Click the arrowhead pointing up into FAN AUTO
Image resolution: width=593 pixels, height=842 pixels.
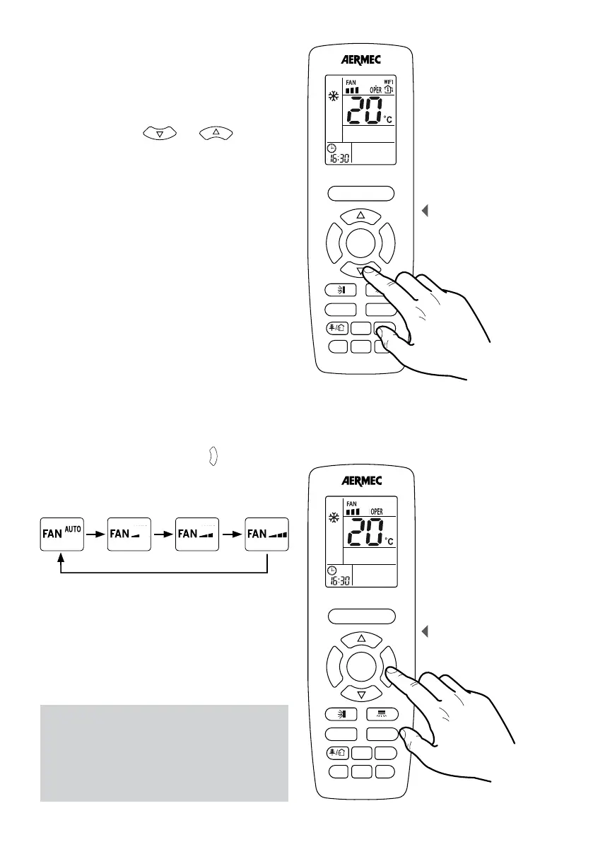point(61,559)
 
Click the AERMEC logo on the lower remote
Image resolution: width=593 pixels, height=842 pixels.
point(360,481)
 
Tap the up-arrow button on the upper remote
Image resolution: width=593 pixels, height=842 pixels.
point(360,215)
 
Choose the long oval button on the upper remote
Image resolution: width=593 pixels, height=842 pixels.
point(360,192)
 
